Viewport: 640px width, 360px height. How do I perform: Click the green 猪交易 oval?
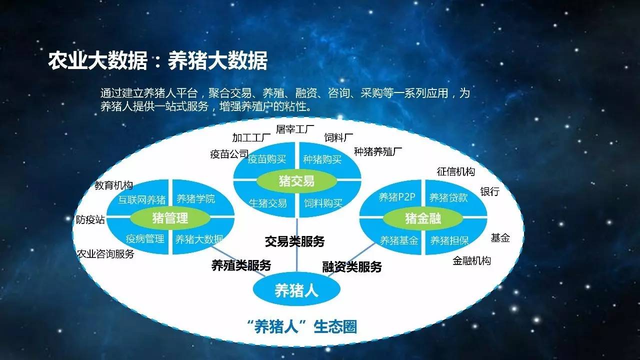(297, 181)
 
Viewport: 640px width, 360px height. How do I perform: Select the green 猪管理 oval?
(170, 218)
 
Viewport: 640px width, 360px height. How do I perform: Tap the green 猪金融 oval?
(423, 218)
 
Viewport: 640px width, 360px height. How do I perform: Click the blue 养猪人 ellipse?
(296, 289)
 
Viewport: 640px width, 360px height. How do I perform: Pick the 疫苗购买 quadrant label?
(267, 159)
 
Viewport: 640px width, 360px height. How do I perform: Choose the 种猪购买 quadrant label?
(322, 159)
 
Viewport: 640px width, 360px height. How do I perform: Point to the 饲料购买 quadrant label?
(323, 203)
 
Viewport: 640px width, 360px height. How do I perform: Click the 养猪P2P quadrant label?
(397, 197)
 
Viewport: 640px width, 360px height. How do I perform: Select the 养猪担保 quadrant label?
(449, 240)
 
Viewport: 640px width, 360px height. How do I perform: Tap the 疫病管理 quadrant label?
(145, 238)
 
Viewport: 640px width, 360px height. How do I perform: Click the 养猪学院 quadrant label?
(195, 198)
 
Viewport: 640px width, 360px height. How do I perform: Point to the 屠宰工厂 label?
(295, 129)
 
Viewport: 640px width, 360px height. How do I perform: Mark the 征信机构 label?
(455, 171)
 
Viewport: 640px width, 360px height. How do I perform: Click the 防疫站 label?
(90, 219)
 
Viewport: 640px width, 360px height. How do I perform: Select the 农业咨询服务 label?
(105, 253)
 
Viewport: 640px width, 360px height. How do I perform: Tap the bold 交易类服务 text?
(295, 241)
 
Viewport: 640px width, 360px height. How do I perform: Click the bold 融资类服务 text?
(352, 267)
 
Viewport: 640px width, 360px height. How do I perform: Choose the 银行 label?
(489, 191)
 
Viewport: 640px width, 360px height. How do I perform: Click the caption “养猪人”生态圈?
(303, 327)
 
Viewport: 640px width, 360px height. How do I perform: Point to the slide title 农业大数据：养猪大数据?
(157, 60)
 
